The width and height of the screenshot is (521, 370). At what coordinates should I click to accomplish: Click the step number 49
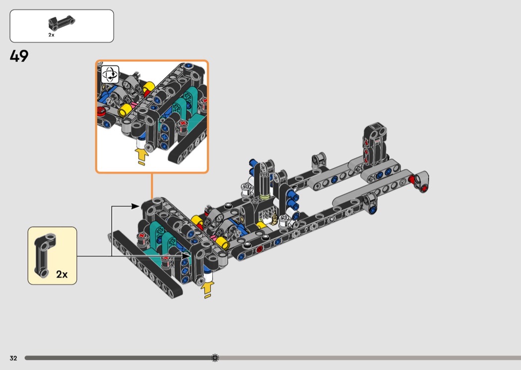coord(19,56)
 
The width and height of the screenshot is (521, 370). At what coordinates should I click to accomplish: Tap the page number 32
coord(13,358)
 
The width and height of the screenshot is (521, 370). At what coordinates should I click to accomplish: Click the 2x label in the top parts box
coord(51,35)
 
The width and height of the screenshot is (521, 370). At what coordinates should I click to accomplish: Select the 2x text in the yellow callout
coord(62,274)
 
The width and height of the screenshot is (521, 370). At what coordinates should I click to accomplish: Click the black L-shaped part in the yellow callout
coord(45,254)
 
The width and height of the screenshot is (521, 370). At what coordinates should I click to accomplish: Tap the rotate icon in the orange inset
coord(110,74)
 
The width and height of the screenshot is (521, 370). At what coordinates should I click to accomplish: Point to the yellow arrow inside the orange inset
coord(141,156)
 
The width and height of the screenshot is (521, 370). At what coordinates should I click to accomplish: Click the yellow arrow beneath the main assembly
coord(207,290)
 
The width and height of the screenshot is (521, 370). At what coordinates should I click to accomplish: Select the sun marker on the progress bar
coord(215,358)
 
